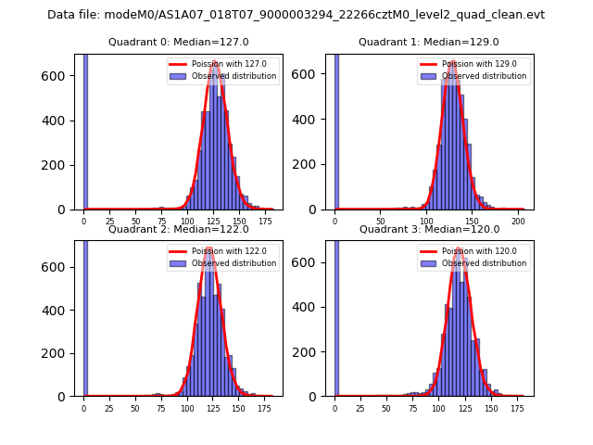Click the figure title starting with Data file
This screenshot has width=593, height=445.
tap(296, 15)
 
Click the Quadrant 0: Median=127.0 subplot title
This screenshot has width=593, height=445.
tap(179, 42)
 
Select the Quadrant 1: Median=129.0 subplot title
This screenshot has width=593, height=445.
tap(429, 42)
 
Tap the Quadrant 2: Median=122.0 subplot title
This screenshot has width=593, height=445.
tap(179, 229)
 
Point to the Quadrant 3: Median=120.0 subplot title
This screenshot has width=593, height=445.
tap(429, 229)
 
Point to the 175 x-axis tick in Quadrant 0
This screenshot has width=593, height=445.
tap(266, 222)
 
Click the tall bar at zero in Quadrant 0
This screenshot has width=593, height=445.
tap(85, 130)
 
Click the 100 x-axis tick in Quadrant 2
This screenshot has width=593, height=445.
tap(187, 409)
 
